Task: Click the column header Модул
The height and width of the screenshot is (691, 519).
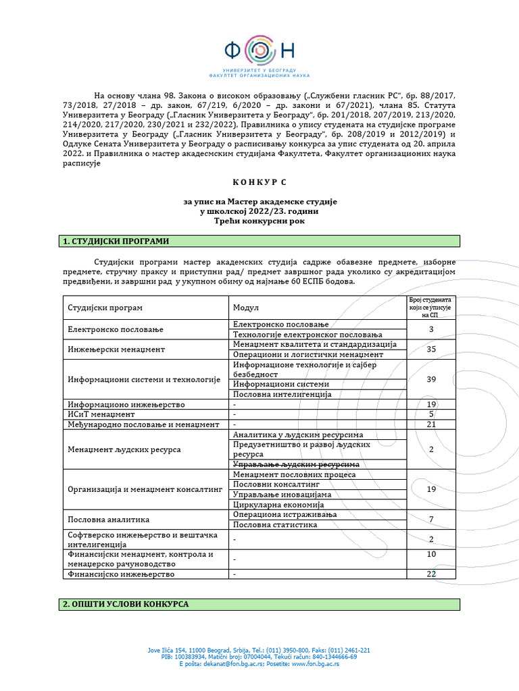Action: pos(246,308)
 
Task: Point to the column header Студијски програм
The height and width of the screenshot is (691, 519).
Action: pos(105,308)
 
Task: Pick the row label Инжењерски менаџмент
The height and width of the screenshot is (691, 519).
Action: pos(116,350)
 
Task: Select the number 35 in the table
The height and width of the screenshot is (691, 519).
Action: pos(432,350)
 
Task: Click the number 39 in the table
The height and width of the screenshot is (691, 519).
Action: pos(432,379)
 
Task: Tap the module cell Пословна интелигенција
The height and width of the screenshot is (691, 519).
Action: pos(282,394)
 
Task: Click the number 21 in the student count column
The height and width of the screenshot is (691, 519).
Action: pos(432,424)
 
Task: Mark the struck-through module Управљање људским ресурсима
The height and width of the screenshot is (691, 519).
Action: pos(295,464)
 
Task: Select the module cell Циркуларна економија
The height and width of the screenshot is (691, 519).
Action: pos(278,504)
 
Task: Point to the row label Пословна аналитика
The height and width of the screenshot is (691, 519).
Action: pos(108,519)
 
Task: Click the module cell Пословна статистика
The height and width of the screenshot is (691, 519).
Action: pos(275,524)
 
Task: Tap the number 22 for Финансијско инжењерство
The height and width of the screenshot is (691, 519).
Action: pos(432,574)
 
